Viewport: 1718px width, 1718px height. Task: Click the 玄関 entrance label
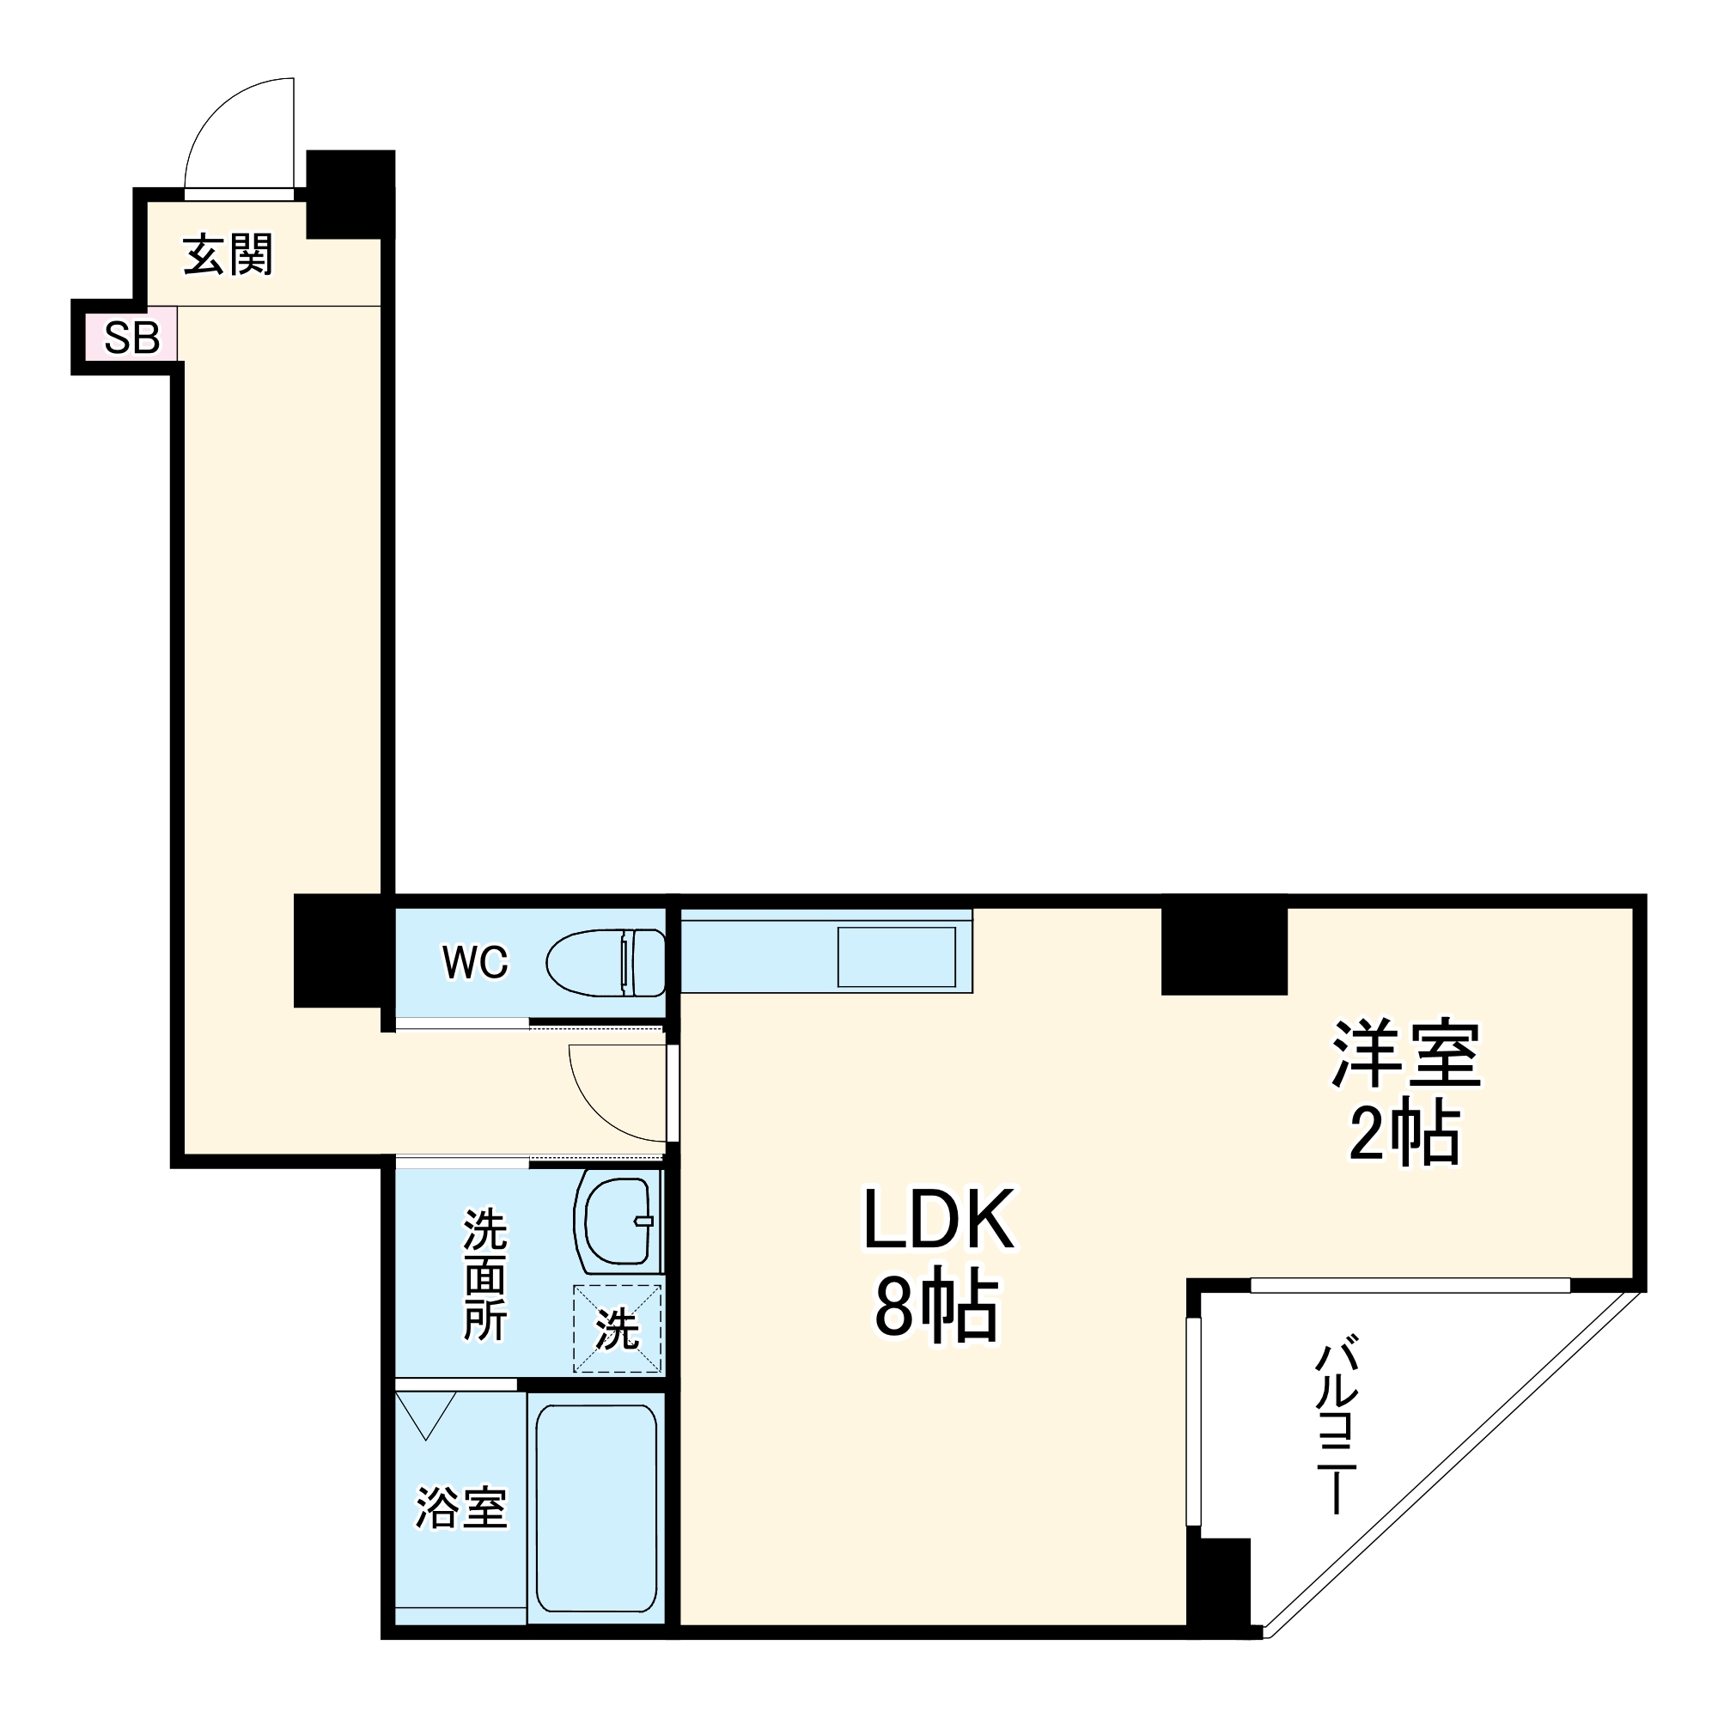click(x=228, y=255)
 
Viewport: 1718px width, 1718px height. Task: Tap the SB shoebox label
click(x=131, y=337)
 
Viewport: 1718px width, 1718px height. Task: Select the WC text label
click(x=475, y=961)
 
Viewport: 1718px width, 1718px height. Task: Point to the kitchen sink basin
click(x=896, y=957)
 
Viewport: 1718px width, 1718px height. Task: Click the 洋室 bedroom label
click(x=1405, y=1054)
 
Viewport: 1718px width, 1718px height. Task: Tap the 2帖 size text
click(x=1405, y=1134)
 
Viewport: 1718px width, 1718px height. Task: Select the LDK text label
click(x=938, y=1220)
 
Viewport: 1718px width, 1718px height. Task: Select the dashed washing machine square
click(x=617, y=1329)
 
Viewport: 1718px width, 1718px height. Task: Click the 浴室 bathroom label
click(x=461, y=1508)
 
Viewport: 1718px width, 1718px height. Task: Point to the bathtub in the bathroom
click(x=597, y=1508)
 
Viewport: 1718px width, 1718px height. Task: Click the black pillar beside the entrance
click(x=350, y=194)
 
